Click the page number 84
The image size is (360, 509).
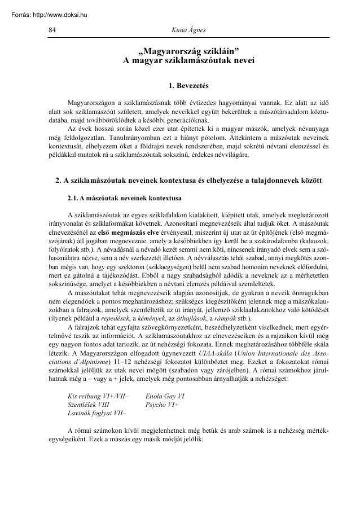(52, 29)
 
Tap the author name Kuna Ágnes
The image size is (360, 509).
(189, 29)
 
